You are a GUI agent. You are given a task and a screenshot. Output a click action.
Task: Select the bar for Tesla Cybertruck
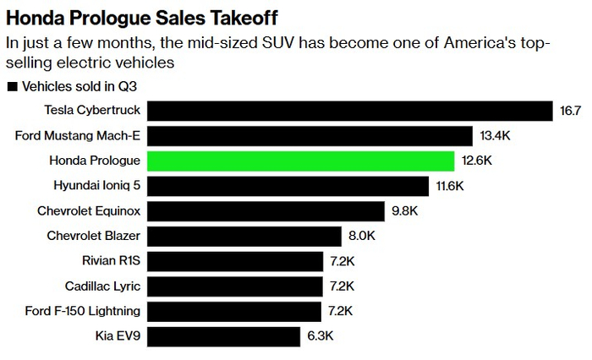pyautogui.click(x=350, y=111)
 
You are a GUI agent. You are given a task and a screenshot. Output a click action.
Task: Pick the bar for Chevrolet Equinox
pyautogui.click(x=269, y=211)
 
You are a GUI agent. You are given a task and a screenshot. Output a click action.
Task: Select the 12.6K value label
pyautogui.click(x=476, y=161)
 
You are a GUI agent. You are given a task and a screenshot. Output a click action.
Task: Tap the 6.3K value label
pyautogui.click(x=321, y=337)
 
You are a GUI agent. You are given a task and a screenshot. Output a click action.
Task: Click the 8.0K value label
pyautogui.click(x=359, y=237)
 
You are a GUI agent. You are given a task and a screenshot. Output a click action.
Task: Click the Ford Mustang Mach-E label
pyautogui.click(x=78, y=136)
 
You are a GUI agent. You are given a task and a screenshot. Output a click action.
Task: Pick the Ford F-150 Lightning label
pyautogui.click(x=84, y=312)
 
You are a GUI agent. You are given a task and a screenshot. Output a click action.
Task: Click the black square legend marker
pyautogui.click(x=12, y=86)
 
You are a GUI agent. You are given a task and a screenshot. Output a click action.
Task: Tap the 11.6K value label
pyautogui.click(x=450, y=186)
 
